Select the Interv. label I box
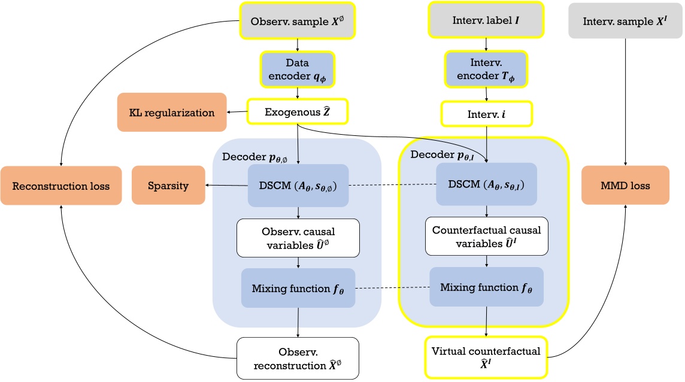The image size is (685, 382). pos(486,20)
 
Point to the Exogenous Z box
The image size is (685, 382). pos(298,111)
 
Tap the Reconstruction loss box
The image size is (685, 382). pos(61,186)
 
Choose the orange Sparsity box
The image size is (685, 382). pos(168,186)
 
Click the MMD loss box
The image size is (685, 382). pos(625,186)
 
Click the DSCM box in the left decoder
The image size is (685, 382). pos(298,186)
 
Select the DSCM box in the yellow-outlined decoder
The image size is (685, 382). pos(486,186)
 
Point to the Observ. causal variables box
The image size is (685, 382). pos(298,238)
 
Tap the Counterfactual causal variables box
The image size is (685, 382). pos(486,237)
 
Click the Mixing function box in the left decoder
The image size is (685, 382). pos(298,288)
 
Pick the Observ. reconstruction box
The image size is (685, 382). pos(298,357)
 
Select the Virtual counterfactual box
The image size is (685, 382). pos(486,357)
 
